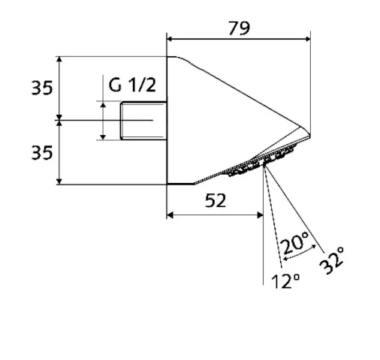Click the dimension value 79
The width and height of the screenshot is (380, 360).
coord(239,28)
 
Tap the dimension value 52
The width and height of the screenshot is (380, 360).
coord(216,200)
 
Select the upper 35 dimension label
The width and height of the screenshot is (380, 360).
coord(42,88)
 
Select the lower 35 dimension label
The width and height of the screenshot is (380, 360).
coord(42,153)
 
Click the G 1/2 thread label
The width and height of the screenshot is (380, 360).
coord(132,85)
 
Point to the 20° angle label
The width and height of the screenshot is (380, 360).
coord(295,242)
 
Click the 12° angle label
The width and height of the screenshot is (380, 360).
coord(285,281)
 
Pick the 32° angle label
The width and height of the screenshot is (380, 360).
coord(332,260)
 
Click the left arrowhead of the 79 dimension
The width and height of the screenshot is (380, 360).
coord(170,39)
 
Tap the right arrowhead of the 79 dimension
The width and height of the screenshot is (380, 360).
coord(307,39)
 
